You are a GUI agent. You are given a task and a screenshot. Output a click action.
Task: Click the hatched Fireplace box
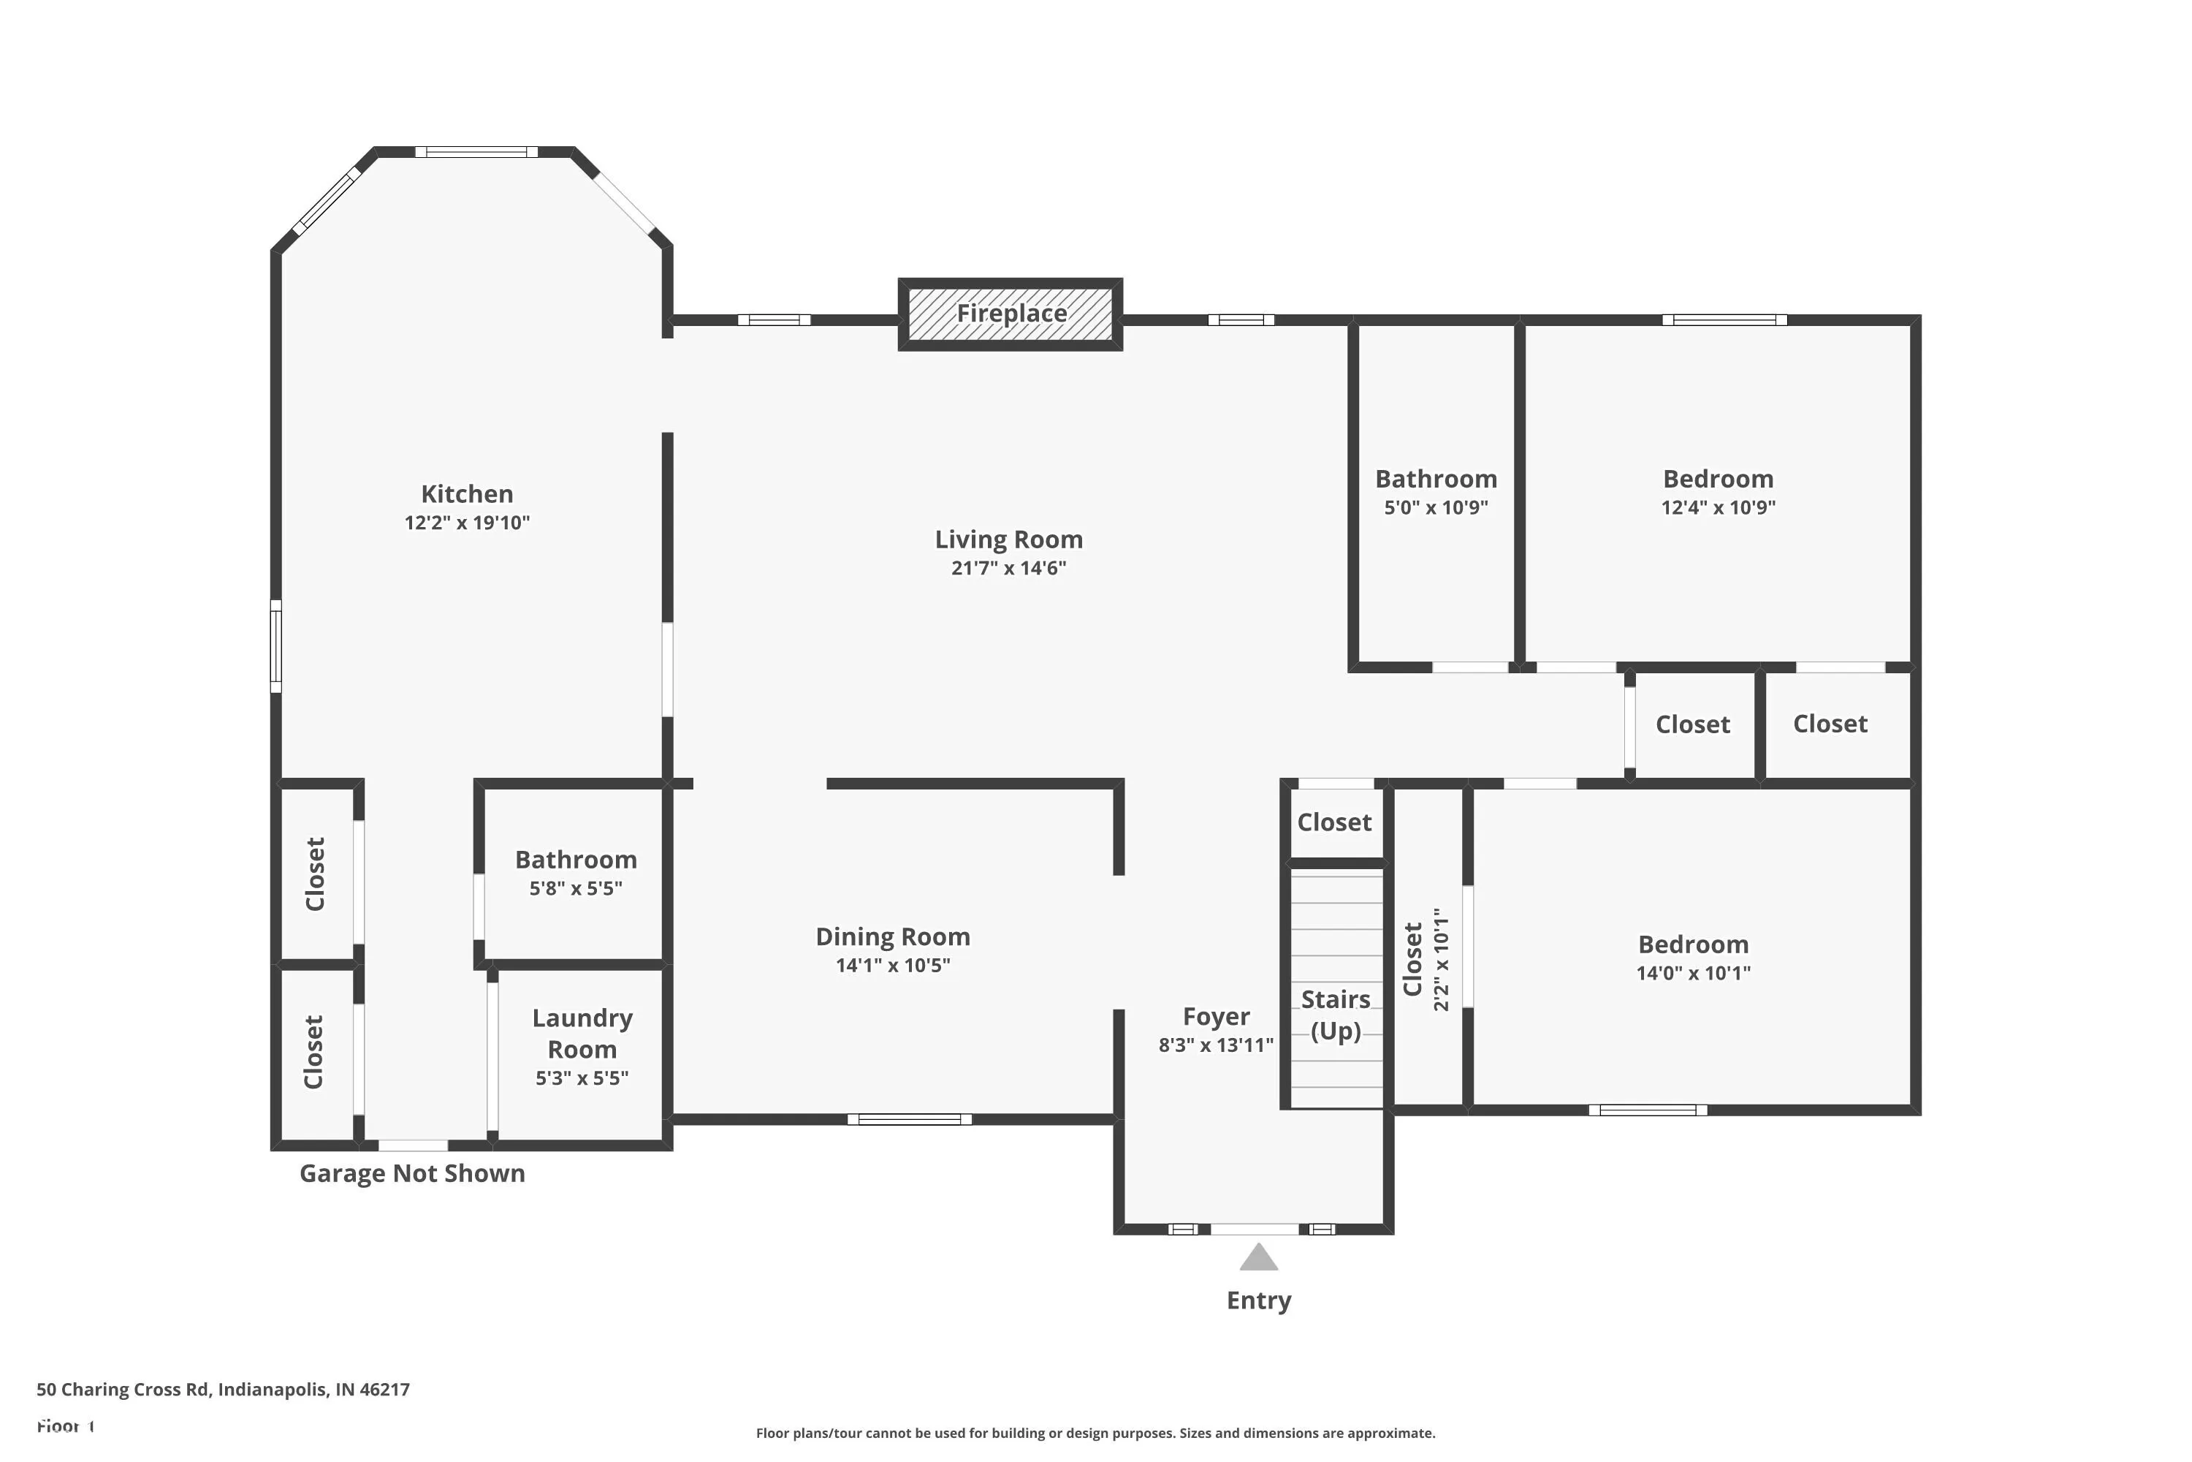coord(1011,314)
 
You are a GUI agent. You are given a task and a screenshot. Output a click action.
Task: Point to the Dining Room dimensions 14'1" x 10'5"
coord(893,965)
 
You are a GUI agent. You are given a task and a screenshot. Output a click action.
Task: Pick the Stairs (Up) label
coord(1336,1015)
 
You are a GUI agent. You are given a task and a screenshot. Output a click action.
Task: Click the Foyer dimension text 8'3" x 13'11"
coord(1217,1045)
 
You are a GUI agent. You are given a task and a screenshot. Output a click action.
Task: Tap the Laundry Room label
coord(582,1033)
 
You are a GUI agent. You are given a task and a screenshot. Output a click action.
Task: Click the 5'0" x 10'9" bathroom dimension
coord(1436,507)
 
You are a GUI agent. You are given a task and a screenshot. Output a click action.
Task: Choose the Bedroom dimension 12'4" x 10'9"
coord(1719,507)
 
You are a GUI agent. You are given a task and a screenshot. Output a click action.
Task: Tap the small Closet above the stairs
coord(1335,822)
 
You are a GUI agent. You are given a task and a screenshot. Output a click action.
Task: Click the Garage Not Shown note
coord(412,1173)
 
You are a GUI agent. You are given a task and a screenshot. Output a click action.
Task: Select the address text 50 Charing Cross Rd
coord(122,1390)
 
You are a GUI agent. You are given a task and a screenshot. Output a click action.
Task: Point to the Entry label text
coord(1259,1300)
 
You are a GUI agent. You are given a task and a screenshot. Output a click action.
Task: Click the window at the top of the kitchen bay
coord(476,152)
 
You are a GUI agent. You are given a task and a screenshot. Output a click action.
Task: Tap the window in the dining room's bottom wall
coord(910,1119)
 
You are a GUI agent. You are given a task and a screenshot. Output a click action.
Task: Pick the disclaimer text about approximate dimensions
coord(1095,1433)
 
